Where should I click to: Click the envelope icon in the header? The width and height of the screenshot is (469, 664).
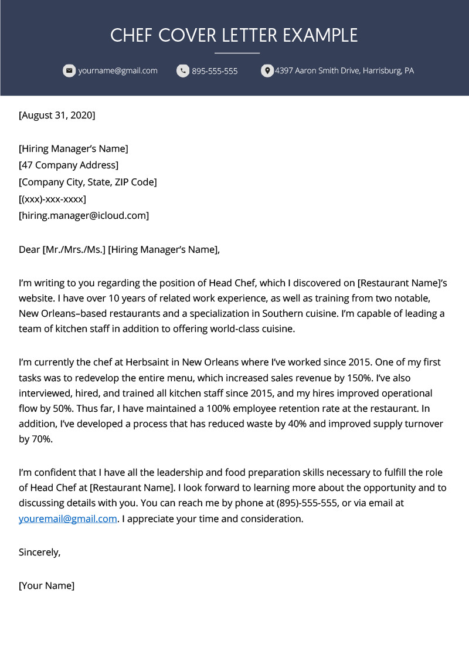(69, 71)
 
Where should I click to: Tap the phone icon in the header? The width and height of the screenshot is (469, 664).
(183, 71)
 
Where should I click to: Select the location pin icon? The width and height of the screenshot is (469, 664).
(267, 71)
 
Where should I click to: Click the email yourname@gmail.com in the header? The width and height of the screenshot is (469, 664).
(118, 71)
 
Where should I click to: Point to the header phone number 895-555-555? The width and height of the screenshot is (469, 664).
(215, 71)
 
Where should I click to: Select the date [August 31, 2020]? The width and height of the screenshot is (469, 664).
(57, 115)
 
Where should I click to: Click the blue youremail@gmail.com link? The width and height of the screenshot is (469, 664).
(68, 519)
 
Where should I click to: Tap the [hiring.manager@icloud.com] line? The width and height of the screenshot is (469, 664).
(84, 216)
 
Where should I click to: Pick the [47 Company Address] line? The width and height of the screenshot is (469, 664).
(69, 165)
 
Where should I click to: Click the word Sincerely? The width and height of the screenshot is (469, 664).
(39, 552)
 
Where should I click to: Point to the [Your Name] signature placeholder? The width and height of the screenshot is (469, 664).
(47, 585)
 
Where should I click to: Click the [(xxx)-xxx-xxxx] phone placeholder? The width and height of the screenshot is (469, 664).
(52, 199)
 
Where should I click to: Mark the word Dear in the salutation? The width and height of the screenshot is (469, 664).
(29, 250)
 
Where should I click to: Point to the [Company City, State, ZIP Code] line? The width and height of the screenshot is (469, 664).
(88, 182)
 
